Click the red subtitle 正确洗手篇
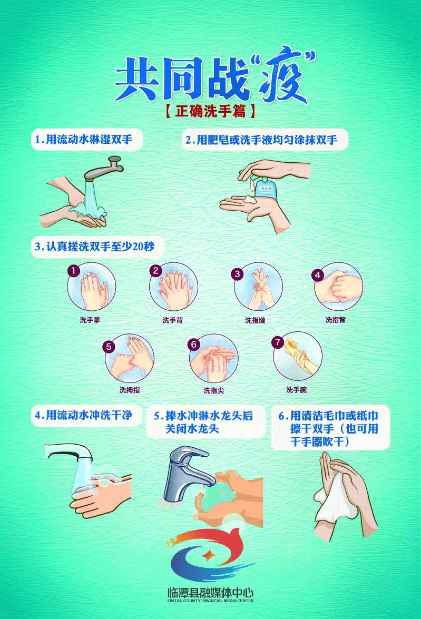coord(210,111)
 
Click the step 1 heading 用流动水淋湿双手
coord(83,140)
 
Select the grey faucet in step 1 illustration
coord(105,170)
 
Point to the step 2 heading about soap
coord(261,140)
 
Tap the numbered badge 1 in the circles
coord(74,271)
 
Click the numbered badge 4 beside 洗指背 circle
coord(317,274)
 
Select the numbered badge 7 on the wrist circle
coord(277,342)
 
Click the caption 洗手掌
coord(90,319)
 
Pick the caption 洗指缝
coord(255,320)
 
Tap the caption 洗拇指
coord(130,390)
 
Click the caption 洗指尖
coord(214,390)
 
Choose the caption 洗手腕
coord(296,390)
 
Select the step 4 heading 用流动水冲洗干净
coord(83,415)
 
